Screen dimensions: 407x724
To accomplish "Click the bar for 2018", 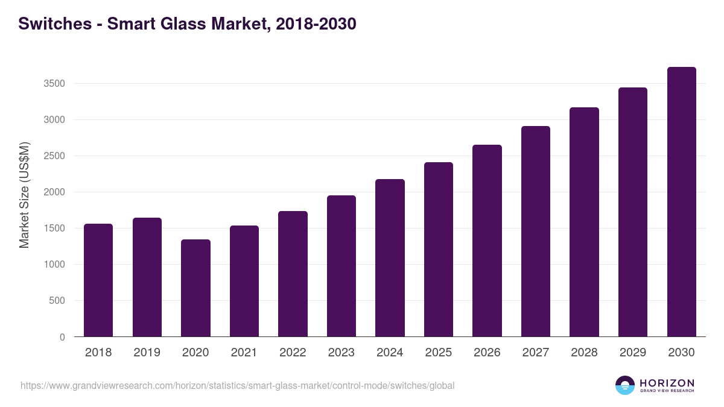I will (98, 280).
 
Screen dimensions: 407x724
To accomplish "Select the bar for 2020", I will (195, 288).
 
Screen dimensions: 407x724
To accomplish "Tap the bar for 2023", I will (341, 266).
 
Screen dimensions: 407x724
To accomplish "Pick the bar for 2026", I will (487, 241).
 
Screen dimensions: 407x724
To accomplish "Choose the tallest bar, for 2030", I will (682, 202).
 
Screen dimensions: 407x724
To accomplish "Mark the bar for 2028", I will (584, 222).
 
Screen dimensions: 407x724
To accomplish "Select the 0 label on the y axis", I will (62, 337).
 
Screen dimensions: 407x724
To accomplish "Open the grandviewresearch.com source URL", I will (237, 385).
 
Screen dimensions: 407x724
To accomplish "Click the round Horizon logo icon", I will (625, 385).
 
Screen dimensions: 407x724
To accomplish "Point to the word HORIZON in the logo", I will (667, 383).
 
